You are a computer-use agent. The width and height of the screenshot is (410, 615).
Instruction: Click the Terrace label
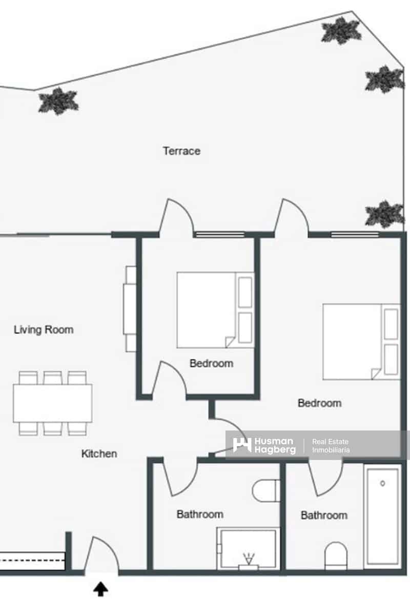[x=181, y=151]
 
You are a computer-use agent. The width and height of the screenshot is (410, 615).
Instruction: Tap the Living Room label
[x=44, y=330]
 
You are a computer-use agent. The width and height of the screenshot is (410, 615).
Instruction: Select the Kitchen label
[x=99, y=454]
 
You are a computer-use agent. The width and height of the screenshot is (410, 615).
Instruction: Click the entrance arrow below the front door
[x=100, y=589]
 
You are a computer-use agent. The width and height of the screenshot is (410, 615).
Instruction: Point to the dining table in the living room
[x=52, y=403]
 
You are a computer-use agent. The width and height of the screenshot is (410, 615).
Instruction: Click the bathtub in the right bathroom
[x=382, y=516]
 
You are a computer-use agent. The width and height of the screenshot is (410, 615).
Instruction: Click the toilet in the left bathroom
[x=266, y=490]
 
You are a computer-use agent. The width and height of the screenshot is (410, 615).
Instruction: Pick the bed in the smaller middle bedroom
[x=215, y=310]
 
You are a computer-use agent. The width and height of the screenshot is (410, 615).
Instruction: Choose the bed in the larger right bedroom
[x=361, y=341]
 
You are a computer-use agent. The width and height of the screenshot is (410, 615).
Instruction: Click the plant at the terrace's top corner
[x=341, y=31]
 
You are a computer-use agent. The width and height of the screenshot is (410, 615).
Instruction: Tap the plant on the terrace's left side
[x=58, y=101]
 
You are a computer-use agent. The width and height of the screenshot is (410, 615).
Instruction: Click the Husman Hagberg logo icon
[x=242, y=445]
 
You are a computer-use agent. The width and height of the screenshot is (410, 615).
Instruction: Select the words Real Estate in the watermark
[x=330, y=441]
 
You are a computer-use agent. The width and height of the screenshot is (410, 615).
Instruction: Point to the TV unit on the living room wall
[x=130, y=309]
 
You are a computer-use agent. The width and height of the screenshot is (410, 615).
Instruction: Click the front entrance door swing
[x=102, y=555]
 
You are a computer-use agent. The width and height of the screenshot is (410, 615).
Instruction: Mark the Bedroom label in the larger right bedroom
[x=320, y=403]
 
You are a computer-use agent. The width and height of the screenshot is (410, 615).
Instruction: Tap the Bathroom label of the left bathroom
[x=200, y=514]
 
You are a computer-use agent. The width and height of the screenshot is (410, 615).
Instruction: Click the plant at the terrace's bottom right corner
[x=384, y=214]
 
